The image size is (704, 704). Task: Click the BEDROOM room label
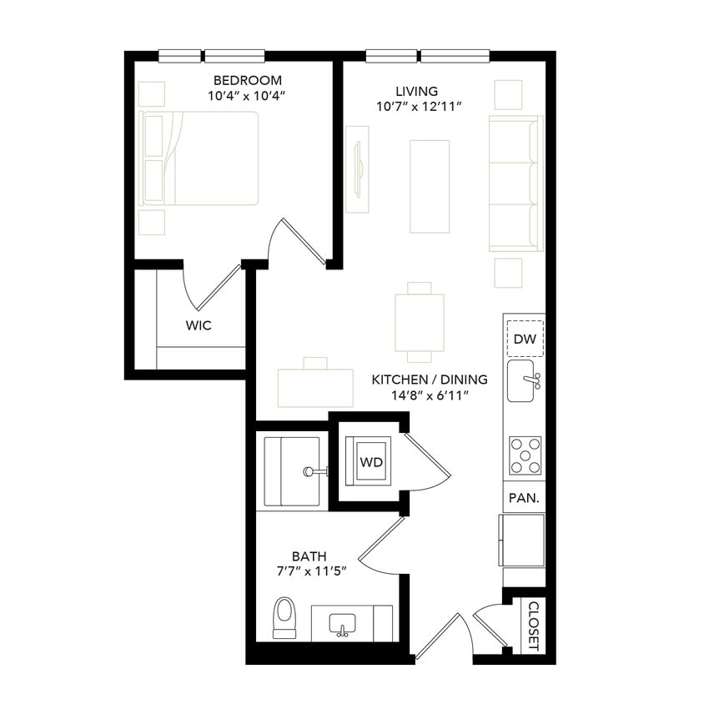[248, 80]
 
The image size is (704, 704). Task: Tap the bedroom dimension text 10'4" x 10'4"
[248, 96]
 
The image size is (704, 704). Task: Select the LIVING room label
[417, 91]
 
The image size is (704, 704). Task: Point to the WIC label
[199, 325]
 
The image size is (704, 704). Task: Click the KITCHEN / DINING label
[430, 380]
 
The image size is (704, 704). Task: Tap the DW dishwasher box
[525, 339]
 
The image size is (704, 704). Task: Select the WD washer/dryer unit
[371, 462]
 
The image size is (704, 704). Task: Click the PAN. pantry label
[525, 498]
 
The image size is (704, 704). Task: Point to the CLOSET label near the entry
[534, 626]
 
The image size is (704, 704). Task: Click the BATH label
[309, 556]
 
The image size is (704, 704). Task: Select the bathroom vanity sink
[342, 624]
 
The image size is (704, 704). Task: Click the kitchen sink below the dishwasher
[523, 381]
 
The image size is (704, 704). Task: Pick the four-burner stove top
[525, 455]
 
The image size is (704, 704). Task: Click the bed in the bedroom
[200, 158]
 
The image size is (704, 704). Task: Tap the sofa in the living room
[515, 184]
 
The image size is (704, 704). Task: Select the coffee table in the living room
[430, 186]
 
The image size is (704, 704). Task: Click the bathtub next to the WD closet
[292, 471]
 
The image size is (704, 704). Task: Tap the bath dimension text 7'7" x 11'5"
[309, 571]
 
